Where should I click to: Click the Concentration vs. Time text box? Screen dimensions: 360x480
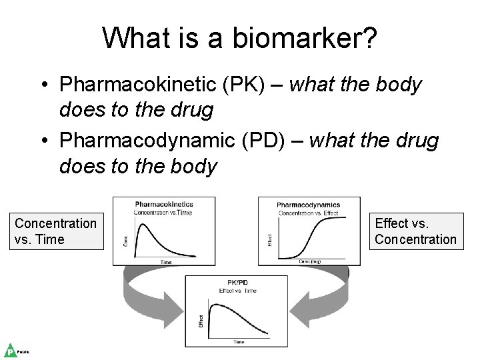click(x=56, y=231)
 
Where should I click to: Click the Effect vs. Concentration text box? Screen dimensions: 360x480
click(x=416, y=231)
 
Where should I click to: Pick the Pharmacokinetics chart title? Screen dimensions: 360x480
click(x=164, y=204)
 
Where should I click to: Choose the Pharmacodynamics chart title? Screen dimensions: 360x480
click(x=308, y=205)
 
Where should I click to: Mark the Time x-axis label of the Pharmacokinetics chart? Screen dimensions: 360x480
click(x=166, y=262)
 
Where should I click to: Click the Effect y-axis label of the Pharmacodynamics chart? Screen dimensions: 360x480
click(x=270, y=239)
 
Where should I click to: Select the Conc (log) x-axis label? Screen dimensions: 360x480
click(x=309, y=261)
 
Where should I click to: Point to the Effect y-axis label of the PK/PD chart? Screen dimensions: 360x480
click(x=201, y=321)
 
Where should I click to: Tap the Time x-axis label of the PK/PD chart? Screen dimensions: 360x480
click(x=238, y=342)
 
